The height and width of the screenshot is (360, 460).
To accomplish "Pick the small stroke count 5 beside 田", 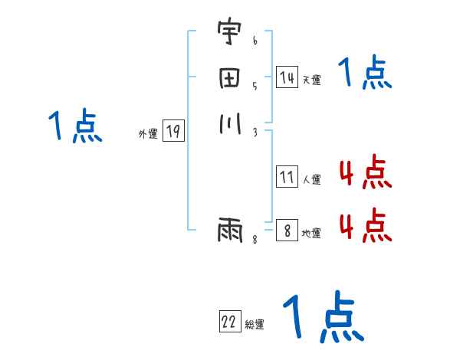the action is coord(255,87).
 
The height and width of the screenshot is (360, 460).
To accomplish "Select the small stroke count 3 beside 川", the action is coord(255,131).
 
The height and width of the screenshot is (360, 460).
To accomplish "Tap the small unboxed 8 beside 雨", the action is coord(255,240).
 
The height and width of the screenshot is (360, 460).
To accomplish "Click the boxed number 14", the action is coord(287,77).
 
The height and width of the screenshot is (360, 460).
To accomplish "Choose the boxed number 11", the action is coord(287,178).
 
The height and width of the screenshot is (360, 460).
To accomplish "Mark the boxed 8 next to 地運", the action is coord(287,231).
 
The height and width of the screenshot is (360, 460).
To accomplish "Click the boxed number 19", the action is coord(172,132).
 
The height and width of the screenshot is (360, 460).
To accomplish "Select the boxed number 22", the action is coord(229,322).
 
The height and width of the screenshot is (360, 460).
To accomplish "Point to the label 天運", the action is coord(311,80).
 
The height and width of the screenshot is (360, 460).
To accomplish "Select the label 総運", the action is coord(255,325).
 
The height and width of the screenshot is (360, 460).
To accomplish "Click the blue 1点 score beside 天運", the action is coord(365,74).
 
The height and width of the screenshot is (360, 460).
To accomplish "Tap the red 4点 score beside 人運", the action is coord(365,173).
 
